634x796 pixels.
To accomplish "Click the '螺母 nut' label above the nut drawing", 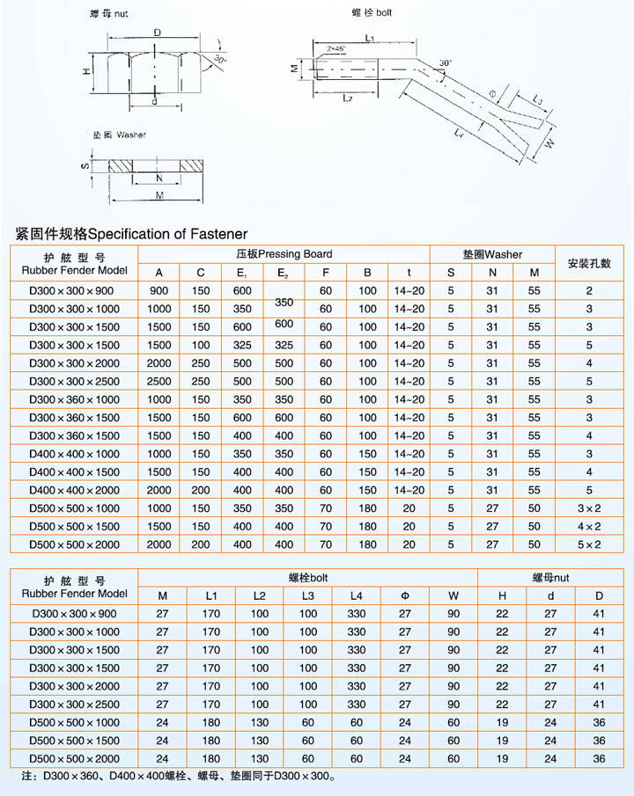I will [108, 15].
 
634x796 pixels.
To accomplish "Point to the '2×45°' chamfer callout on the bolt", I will [335, 47].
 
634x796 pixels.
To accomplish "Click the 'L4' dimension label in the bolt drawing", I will [459, 132].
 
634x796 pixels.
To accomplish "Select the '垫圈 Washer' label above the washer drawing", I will [120, 135].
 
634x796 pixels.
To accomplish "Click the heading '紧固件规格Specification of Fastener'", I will [131, 234].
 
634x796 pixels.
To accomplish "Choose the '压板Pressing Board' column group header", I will [284, 254].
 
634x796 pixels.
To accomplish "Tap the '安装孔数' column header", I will [589, 263].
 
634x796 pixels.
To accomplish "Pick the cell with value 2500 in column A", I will [159, 382].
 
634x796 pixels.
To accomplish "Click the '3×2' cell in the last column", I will [589, 508].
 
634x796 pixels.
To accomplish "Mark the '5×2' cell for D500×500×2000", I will [589, 545].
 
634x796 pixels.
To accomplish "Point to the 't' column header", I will [409, 273].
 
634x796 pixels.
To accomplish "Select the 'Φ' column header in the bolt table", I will [405, 596].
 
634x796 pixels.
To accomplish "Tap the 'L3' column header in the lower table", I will [308, 596].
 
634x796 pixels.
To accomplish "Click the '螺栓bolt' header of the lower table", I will [308, 578].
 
